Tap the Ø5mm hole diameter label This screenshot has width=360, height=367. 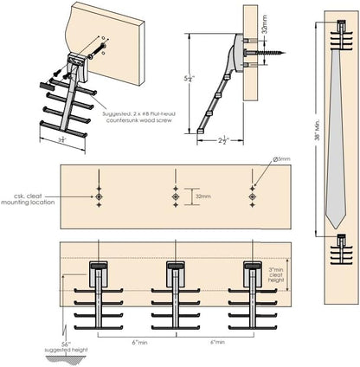282,159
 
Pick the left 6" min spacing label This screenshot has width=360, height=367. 137,343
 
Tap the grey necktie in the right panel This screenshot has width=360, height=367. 337,130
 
